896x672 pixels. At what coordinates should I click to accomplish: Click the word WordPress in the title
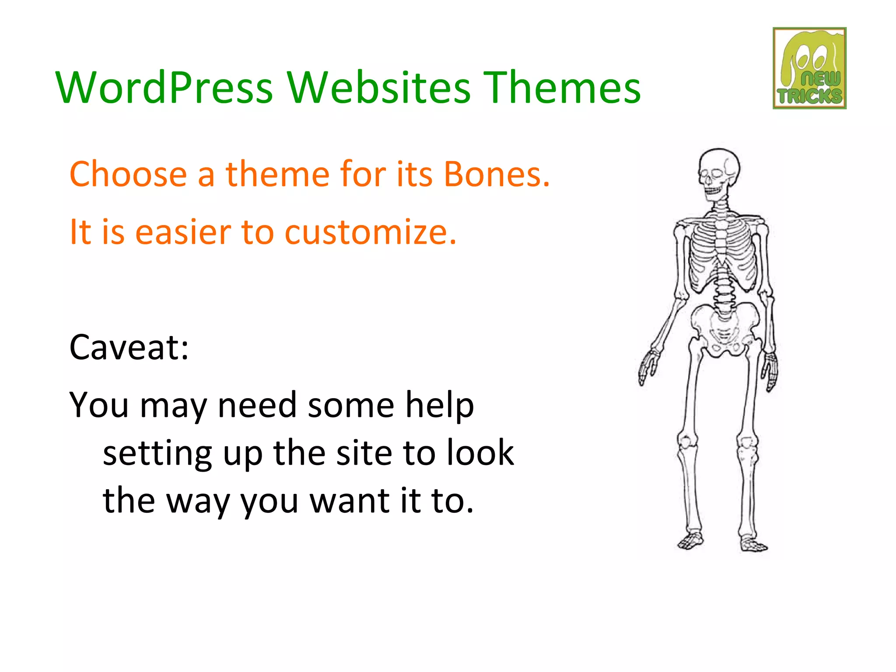click(x=164, y=87)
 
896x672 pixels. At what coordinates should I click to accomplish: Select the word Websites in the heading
click(x=379, y=87)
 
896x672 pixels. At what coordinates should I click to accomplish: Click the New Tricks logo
click(x=809, y=68)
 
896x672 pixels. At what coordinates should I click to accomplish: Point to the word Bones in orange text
click(x=497, y=174)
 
